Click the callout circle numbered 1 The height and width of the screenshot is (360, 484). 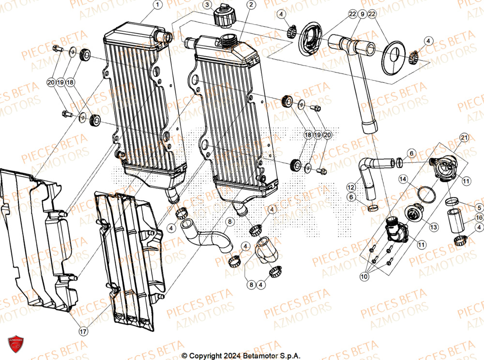(157, 5)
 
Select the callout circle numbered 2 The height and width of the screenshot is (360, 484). (251, 5)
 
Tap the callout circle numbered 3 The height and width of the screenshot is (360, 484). (207, 5)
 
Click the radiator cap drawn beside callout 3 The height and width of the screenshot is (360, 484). (223, 18)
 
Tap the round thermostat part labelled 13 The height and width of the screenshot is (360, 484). (412, 213)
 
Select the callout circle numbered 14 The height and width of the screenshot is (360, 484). (403, 180)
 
